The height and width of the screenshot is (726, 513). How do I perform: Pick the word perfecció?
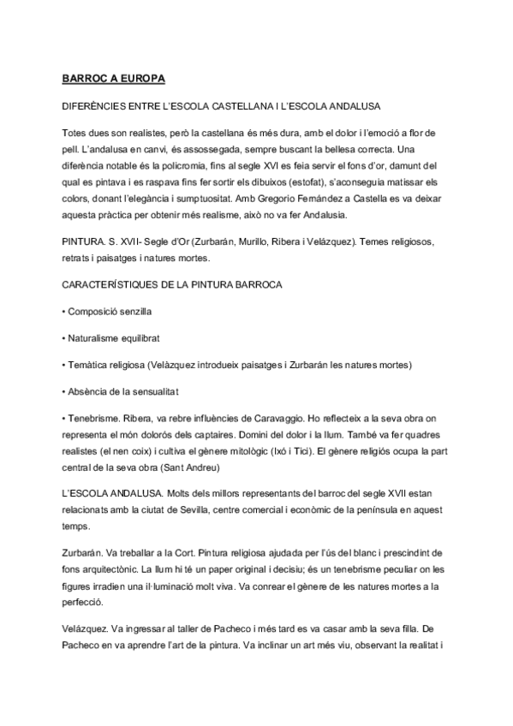pyautogui.click(x=84, y=601)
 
